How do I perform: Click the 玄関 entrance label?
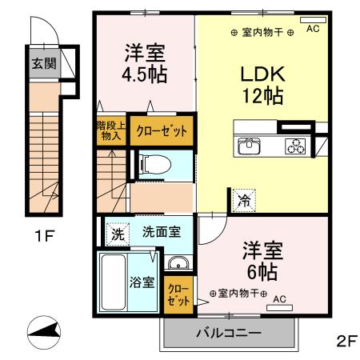[x=43, y=64]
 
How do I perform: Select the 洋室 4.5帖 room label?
[x=144, y=66]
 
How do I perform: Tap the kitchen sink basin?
[x=249, y=146]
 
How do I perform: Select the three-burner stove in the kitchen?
[x=297, y=146]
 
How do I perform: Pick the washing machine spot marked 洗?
[x=118, y=235]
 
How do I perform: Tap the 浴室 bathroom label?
[x=142, y=282]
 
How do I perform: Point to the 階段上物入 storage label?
[x=109, y=130]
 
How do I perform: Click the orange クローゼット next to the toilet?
[x=162, y=130]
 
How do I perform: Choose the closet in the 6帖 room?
[x=178, y=294]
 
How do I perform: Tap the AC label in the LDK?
[x=312, y=28]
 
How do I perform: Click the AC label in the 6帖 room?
[x=279, y=299]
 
